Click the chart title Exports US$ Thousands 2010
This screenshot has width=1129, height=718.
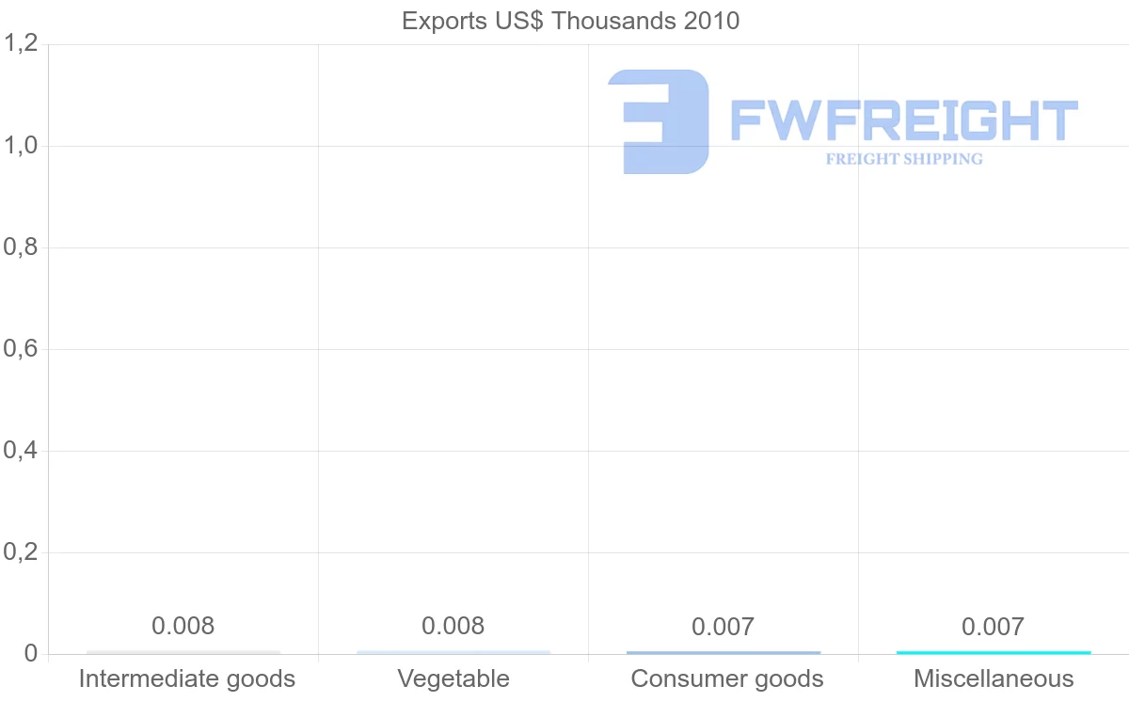(x=570, y=21)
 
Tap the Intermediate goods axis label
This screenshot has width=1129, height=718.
(x=186, y=678)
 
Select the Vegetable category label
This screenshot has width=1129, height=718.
(x=453, y=678)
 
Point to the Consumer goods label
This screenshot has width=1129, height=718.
(x=727, y=678)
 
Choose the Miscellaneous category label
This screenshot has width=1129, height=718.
(x=994, y=678)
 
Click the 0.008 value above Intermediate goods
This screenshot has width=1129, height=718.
(x=183, y=626)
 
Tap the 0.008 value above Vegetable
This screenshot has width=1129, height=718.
(x=453, y=626)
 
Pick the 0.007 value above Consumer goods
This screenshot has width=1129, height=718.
(x=724, y=627)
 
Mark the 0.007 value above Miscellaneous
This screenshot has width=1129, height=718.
(x=994, y=627)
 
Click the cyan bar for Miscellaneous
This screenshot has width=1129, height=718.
(x=994, y=652)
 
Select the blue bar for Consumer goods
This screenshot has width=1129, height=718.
(x=724, y=652)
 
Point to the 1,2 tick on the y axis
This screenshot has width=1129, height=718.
(x=21, y=43)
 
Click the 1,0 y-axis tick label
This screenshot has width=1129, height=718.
(x=21, y=146)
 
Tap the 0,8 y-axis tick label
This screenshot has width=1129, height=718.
(x=21, y=247)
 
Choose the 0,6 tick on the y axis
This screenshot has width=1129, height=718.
(x=21, y=349)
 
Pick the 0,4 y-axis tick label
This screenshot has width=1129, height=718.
(x=21, y=451)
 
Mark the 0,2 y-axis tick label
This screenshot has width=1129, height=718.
(x=21, y=552)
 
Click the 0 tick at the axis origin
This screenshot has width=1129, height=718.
(x=30, y=654)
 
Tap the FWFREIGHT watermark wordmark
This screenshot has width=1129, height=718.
(x=903, y=120)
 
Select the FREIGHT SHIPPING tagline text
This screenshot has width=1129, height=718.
(x=903, y=159)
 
